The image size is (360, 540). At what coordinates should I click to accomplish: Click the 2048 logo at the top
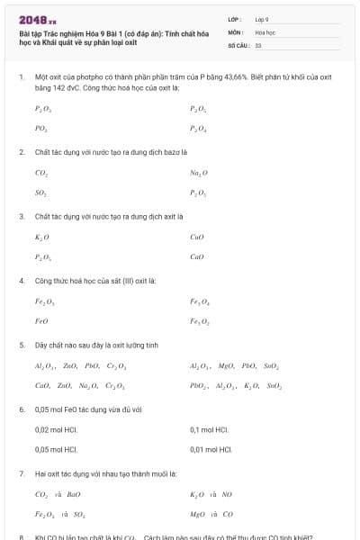coord(37,19)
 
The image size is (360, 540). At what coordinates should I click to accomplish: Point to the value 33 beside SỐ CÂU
coord(258,44)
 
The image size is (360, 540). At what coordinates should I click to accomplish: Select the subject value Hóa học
coord(265,31)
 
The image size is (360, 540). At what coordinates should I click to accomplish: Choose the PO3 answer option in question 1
coord(41,129)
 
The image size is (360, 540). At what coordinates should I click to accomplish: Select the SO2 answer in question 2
coord(41,193)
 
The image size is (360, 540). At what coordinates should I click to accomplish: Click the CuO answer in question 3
coord(198,237)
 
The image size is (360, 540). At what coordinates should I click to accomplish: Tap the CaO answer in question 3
coord(198,257)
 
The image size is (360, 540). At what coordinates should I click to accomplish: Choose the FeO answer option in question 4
coord(42,321)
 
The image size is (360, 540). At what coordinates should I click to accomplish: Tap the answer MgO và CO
coord(211,514)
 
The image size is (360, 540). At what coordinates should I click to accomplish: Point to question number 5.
coord(22,345)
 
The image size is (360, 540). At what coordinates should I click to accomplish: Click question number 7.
coord(22,473)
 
